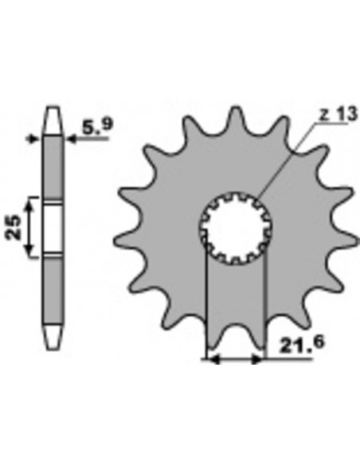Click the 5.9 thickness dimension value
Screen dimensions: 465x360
point(96,126)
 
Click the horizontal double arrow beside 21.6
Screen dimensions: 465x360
point(234,360)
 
